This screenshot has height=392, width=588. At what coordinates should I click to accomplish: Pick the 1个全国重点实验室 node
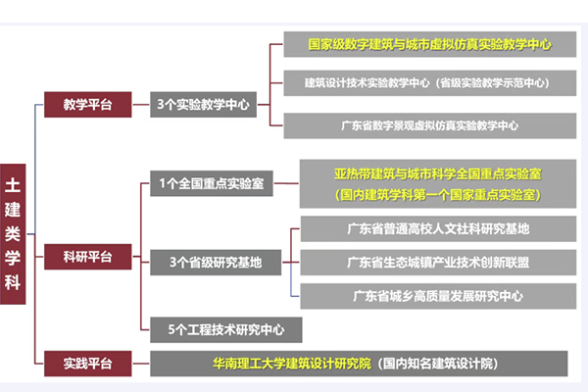pyautogui.click(x=212, y=184)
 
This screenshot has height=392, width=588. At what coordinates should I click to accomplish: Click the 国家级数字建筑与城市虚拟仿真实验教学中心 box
pyautogui.click(x=428, y=45)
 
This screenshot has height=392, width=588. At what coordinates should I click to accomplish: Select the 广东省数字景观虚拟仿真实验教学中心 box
pyautogui.click(x=428, y=125)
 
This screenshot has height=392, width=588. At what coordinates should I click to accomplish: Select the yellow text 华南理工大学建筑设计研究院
pyautogui.click(x=292, y=364)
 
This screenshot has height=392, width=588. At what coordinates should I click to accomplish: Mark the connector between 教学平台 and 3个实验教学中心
pyautogui.click(x=140, y=103)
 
